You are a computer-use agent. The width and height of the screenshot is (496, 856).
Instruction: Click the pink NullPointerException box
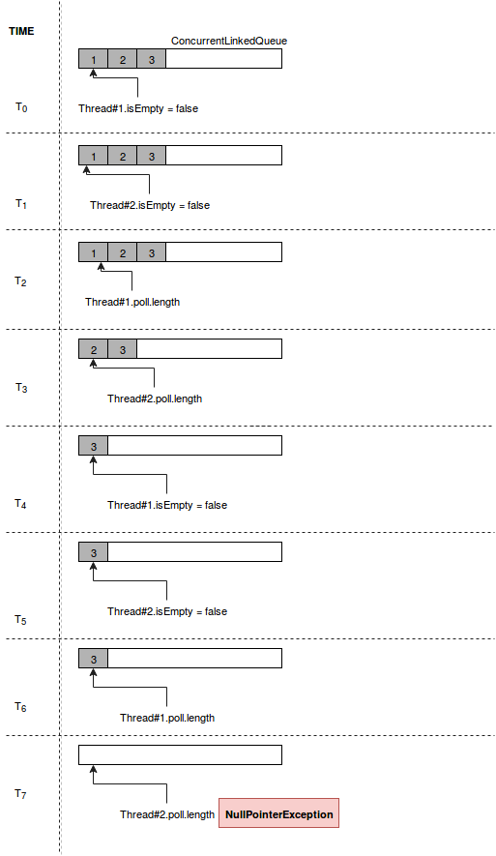278,812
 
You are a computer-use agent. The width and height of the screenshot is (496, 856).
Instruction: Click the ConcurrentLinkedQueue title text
229,41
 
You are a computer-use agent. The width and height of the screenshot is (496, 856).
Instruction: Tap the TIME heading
21,31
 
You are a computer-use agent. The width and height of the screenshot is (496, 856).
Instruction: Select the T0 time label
21,107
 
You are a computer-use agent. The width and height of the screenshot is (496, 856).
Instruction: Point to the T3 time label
21,388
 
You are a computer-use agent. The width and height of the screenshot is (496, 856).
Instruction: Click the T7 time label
20,794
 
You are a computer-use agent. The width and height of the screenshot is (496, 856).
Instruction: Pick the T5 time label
20,620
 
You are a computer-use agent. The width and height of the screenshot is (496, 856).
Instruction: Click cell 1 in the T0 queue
94,59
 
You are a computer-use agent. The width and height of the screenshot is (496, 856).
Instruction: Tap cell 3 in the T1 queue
152,156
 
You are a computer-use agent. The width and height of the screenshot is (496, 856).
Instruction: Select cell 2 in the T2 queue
122,252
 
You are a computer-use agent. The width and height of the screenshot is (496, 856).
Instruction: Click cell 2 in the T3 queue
94,349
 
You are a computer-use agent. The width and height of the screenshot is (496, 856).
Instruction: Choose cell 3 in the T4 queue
94,446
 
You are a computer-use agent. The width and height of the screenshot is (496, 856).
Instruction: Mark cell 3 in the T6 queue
94,659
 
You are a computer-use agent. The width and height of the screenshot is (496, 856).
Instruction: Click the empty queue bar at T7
181,755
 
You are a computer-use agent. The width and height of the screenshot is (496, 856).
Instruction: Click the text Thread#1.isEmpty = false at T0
138,108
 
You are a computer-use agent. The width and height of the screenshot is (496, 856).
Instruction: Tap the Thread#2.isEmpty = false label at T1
150,205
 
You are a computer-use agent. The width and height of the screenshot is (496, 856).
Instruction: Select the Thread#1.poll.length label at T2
132,302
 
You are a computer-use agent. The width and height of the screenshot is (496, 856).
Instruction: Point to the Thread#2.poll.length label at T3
155,398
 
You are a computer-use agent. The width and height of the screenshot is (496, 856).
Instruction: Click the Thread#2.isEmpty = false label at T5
167,611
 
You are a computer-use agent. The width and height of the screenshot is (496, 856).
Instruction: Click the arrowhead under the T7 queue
94,769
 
